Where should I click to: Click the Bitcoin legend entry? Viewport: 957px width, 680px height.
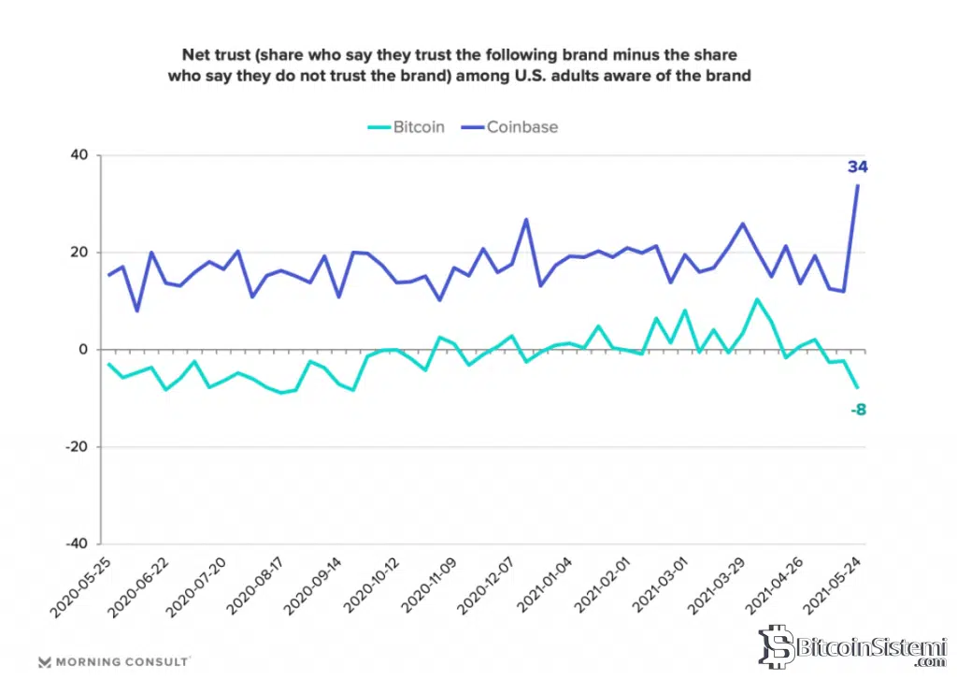[x=404, y=127]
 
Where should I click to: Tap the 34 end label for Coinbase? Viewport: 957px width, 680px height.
[x=858, y=167]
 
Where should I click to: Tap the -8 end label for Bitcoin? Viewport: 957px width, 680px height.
[x=858, y=410]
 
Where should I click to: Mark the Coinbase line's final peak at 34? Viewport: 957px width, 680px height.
[x=858, y=185]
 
